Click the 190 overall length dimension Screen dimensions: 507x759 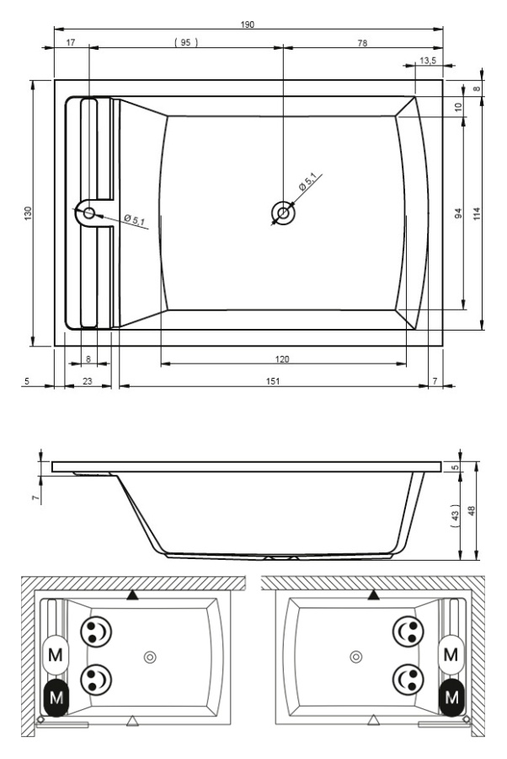247,24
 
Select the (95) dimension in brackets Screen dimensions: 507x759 186,43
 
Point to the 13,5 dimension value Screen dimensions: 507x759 428,61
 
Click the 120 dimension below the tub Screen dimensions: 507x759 282,359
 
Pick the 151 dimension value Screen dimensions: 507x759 273,381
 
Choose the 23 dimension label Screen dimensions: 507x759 87,381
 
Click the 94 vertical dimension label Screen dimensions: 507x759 458,213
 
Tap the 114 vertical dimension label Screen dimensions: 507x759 477,213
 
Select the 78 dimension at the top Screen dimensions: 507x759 362,43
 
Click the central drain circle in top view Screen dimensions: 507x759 283,213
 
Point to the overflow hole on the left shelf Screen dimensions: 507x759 89,213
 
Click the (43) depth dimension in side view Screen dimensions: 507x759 454,515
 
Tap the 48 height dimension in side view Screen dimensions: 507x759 472,511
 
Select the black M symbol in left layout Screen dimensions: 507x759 56,698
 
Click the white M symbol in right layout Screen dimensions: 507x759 451,655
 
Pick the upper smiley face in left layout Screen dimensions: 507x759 96,631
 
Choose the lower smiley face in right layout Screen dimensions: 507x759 408,679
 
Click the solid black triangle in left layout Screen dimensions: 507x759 132,595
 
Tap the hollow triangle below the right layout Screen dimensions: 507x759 373,721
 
